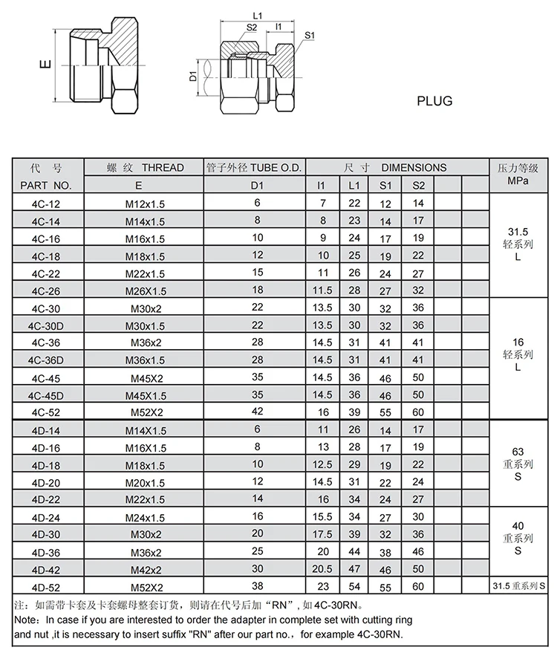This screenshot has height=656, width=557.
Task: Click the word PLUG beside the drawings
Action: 434,100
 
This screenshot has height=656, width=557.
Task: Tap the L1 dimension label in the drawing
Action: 257,15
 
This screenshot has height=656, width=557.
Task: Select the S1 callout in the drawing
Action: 310,35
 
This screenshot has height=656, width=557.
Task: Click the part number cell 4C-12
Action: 46,204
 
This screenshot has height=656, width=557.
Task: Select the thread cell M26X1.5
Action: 146,291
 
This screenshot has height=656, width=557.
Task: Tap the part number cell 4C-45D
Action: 46,396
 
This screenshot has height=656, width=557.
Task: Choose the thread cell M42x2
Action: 146,570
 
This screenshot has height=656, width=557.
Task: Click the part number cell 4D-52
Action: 46,588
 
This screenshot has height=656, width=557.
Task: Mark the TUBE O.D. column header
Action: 255,168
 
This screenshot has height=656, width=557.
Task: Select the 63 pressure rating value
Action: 518,452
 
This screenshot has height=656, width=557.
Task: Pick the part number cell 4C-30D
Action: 46,326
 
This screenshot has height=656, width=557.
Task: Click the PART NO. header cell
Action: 46,185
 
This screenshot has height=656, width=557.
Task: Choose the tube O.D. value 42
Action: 257,412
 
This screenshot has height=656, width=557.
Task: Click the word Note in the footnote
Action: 26,619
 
